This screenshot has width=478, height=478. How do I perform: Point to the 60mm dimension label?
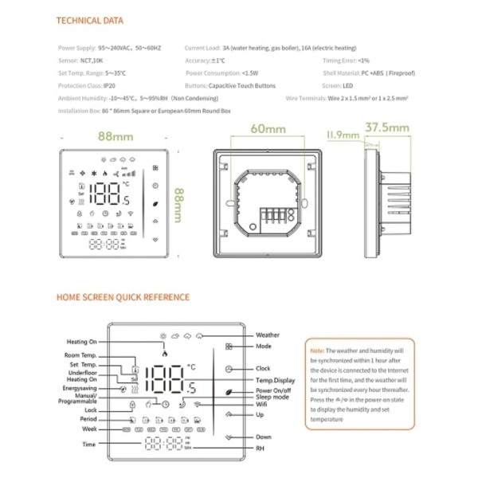[x=266, y=129]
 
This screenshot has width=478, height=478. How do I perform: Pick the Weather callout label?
[x=268, y=335]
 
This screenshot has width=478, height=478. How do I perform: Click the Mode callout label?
[x=264, y=347]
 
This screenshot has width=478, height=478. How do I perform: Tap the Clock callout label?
[x=264, y=369]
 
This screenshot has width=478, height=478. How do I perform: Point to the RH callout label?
[x=260, y=449]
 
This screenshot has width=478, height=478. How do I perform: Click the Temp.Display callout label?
[x=275, y=382]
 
